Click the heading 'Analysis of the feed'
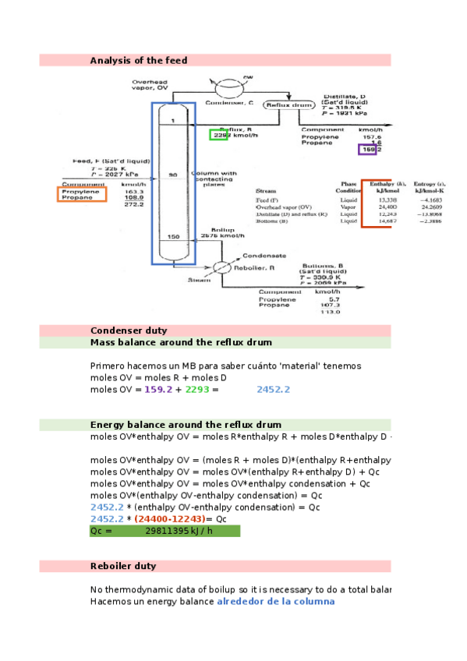pos(138,61)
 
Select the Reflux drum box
pos(289,104)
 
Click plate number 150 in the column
pos(172,237)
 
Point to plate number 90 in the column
pos(172,176)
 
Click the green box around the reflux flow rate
pos(219,135)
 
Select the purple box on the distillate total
pos(367,150)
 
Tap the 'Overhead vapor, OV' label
pos(150,84)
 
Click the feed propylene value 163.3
pos(135,191)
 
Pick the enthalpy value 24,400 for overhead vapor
pos(377,207)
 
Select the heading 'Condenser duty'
pos(129,330)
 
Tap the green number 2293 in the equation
pos(197,390)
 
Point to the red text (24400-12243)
pos(169,518)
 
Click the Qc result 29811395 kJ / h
pos(179,531)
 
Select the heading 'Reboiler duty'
pos(123,566)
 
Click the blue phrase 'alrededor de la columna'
pos(275,601)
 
